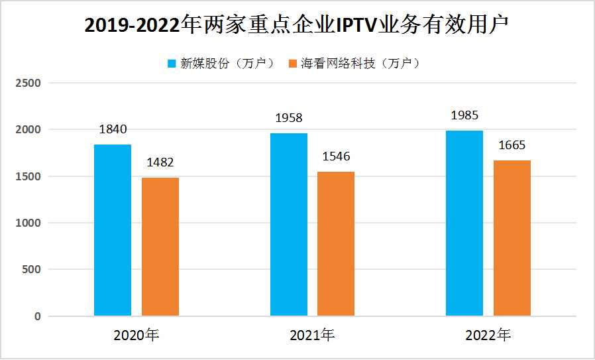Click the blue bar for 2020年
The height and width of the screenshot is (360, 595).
tap(113, 230)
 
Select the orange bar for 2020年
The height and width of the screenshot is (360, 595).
tap(160, 247)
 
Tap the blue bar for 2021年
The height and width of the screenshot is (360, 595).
tap(289, 224)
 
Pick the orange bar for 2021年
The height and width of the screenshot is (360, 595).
tap(336, 243)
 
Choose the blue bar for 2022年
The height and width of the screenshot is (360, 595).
tap(464, 223)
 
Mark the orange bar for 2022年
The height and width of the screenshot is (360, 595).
tap(512, 238)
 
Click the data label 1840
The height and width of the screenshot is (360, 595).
tap(113, 130)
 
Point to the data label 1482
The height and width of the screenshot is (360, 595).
tap(160, 163)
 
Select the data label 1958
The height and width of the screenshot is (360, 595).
tap(289, 118)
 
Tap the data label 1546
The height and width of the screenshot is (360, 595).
tap(336, 157)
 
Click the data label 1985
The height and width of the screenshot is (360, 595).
tap(464, 116)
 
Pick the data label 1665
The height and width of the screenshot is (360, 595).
tap(512, 146)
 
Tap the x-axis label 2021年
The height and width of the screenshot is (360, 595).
tap(312, 335)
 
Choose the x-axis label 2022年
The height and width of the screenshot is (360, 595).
tap(488, 335)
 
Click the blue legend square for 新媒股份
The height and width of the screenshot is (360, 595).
tap(172, 64)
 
